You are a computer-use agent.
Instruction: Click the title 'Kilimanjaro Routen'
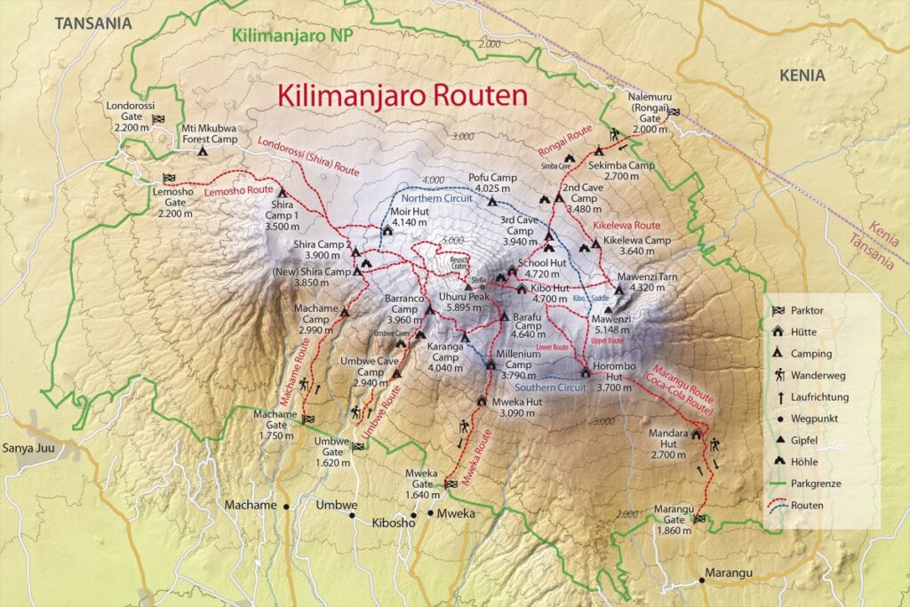pos(403,94)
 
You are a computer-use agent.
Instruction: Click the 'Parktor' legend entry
pos(811,310)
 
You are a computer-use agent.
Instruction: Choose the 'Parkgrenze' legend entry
pos(818,483)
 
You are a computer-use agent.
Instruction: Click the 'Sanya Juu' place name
pos(28,448)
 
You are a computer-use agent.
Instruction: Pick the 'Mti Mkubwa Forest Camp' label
pos(210,133)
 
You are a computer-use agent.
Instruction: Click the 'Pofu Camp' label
pos(491,182)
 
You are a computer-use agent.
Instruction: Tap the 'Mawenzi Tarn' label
pos(653,283)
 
